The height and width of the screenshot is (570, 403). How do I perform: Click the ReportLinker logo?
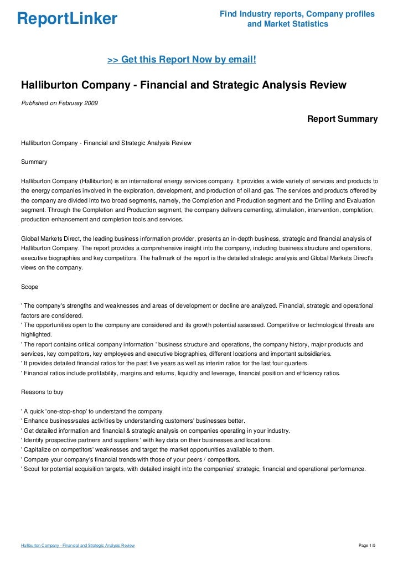point(68,19)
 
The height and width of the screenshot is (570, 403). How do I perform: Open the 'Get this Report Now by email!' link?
point(181,59)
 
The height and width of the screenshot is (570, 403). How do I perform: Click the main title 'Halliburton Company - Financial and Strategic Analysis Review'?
point(183,86)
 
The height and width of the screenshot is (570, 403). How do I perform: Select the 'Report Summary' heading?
point(342,119)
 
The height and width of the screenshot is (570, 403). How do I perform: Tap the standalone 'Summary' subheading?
point(34,162)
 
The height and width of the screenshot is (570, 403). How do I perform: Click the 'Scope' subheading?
point(30,287)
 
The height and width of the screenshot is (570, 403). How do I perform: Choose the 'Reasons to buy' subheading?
point(42,392)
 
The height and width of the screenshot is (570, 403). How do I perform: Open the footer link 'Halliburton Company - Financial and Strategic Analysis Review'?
point(78,546)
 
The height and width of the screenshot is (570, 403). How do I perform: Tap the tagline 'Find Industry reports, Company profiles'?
point(297,14)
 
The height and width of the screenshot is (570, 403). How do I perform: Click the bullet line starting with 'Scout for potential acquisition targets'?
point(193,469)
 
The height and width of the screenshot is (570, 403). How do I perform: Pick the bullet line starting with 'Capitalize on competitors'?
point(147,449)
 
